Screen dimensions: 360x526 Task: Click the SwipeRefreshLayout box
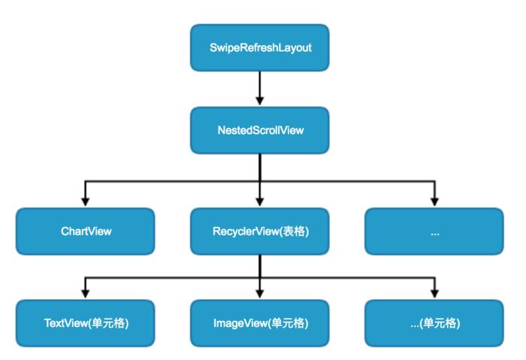(x=260, y=47)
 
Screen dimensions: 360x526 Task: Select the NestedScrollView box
(x=260, y=129)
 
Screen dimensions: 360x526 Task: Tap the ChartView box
(x=86, y=231)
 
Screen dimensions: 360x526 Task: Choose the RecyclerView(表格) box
(x=260, y=231)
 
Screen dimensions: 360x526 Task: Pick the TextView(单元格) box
(x=86, y=323)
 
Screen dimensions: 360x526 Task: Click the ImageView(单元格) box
(x=260, y=323)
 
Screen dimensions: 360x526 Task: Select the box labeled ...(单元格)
(x=434, y=323)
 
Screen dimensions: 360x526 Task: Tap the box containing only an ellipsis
(x=434, y=231)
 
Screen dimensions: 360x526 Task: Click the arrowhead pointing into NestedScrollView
(x=260, y=100)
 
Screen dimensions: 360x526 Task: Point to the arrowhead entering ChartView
(x=86, y=201)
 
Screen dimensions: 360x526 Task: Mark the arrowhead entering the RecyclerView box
(x=260, y=201)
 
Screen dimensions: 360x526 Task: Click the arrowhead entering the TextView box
(x=86, y=294)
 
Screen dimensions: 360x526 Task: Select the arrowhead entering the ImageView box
(x=260, y=294)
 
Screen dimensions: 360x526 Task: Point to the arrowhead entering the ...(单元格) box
(x=434, y=294)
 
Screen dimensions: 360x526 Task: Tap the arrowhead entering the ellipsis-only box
(x=434, y=201)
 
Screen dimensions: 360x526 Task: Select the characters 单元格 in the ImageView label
(x=292, y=323)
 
